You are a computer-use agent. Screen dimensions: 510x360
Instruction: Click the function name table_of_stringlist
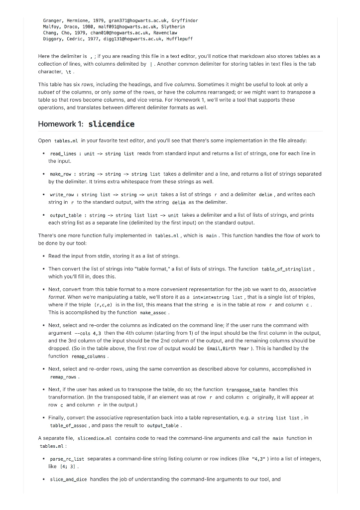pyautogui.click(x=286, y=269)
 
